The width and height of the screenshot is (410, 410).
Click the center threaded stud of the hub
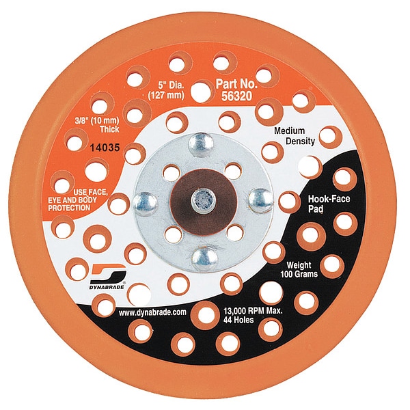204,199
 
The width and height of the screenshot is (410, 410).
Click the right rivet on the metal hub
260,199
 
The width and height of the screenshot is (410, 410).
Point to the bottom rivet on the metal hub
204,256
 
